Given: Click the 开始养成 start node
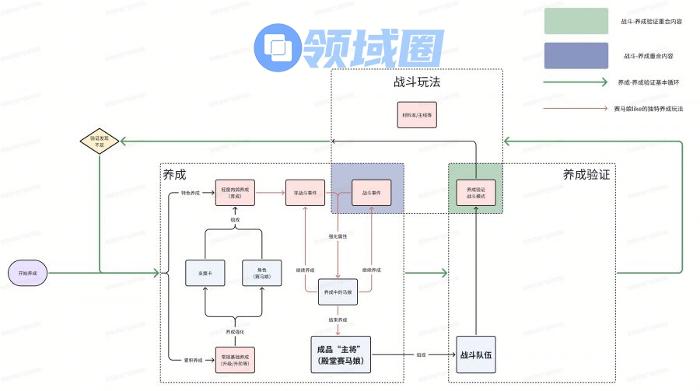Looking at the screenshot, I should (28, 273).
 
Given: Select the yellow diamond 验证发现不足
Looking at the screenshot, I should (100, 140).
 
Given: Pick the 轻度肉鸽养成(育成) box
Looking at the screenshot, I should (235, 193).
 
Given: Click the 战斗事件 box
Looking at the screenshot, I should (371, 193).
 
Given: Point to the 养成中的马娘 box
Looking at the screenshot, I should (338, 292).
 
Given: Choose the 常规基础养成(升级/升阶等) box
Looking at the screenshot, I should (235, 360).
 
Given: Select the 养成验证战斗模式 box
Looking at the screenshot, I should (475, 193).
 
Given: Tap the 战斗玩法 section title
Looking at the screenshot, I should (417, 82).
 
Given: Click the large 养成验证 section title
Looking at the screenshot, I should (586, 174).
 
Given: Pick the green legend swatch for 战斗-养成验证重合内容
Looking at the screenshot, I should (576, 21).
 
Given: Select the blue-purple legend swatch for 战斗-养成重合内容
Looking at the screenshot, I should (576, 56).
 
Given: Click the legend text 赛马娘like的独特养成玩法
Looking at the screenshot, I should (648, 109).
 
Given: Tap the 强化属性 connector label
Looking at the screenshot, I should (338, 236).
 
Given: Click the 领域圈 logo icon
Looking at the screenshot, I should (278, 47).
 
